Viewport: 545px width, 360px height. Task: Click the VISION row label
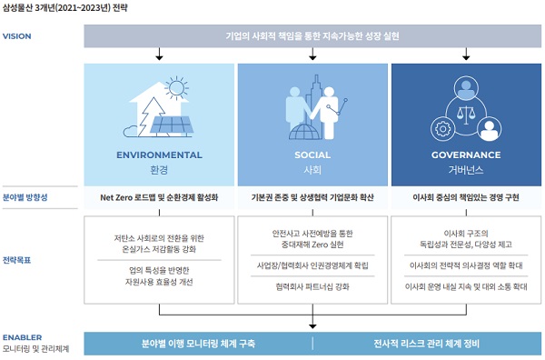coord(18,36)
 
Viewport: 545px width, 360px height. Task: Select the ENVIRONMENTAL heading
coord(159,155)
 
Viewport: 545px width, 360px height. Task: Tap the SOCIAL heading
coord(312,155)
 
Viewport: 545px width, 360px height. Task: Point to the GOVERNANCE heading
coord(466,155)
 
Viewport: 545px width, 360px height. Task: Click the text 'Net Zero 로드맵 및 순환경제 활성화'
coord(159,197)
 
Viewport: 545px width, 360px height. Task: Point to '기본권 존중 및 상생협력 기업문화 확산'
coord(312,197)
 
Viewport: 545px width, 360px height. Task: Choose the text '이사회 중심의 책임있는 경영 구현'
coord(466,197)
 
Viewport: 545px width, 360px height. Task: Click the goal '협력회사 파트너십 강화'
coord(312,285)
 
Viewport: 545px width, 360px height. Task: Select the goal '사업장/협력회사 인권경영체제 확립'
coord(312,266)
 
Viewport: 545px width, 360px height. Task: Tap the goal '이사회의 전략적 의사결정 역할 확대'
coord(466,266)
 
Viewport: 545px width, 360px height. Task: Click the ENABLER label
coord(22,336)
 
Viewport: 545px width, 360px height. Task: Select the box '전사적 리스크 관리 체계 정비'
coord(427,344)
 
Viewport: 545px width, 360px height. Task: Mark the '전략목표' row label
coord(17,259)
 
